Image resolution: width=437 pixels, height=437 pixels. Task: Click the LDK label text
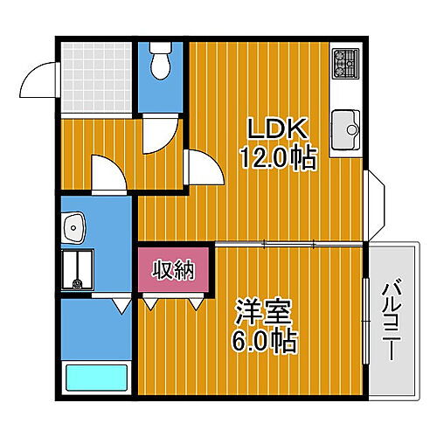277,130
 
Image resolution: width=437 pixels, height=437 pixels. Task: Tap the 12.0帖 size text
277,159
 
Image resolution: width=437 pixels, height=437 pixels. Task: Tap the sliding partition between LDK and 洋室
288,243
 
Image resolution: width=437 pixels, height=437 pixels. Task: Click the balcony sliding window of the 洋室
365,319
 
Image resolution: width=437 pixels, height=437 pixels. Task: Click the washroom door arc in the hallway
108,174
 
